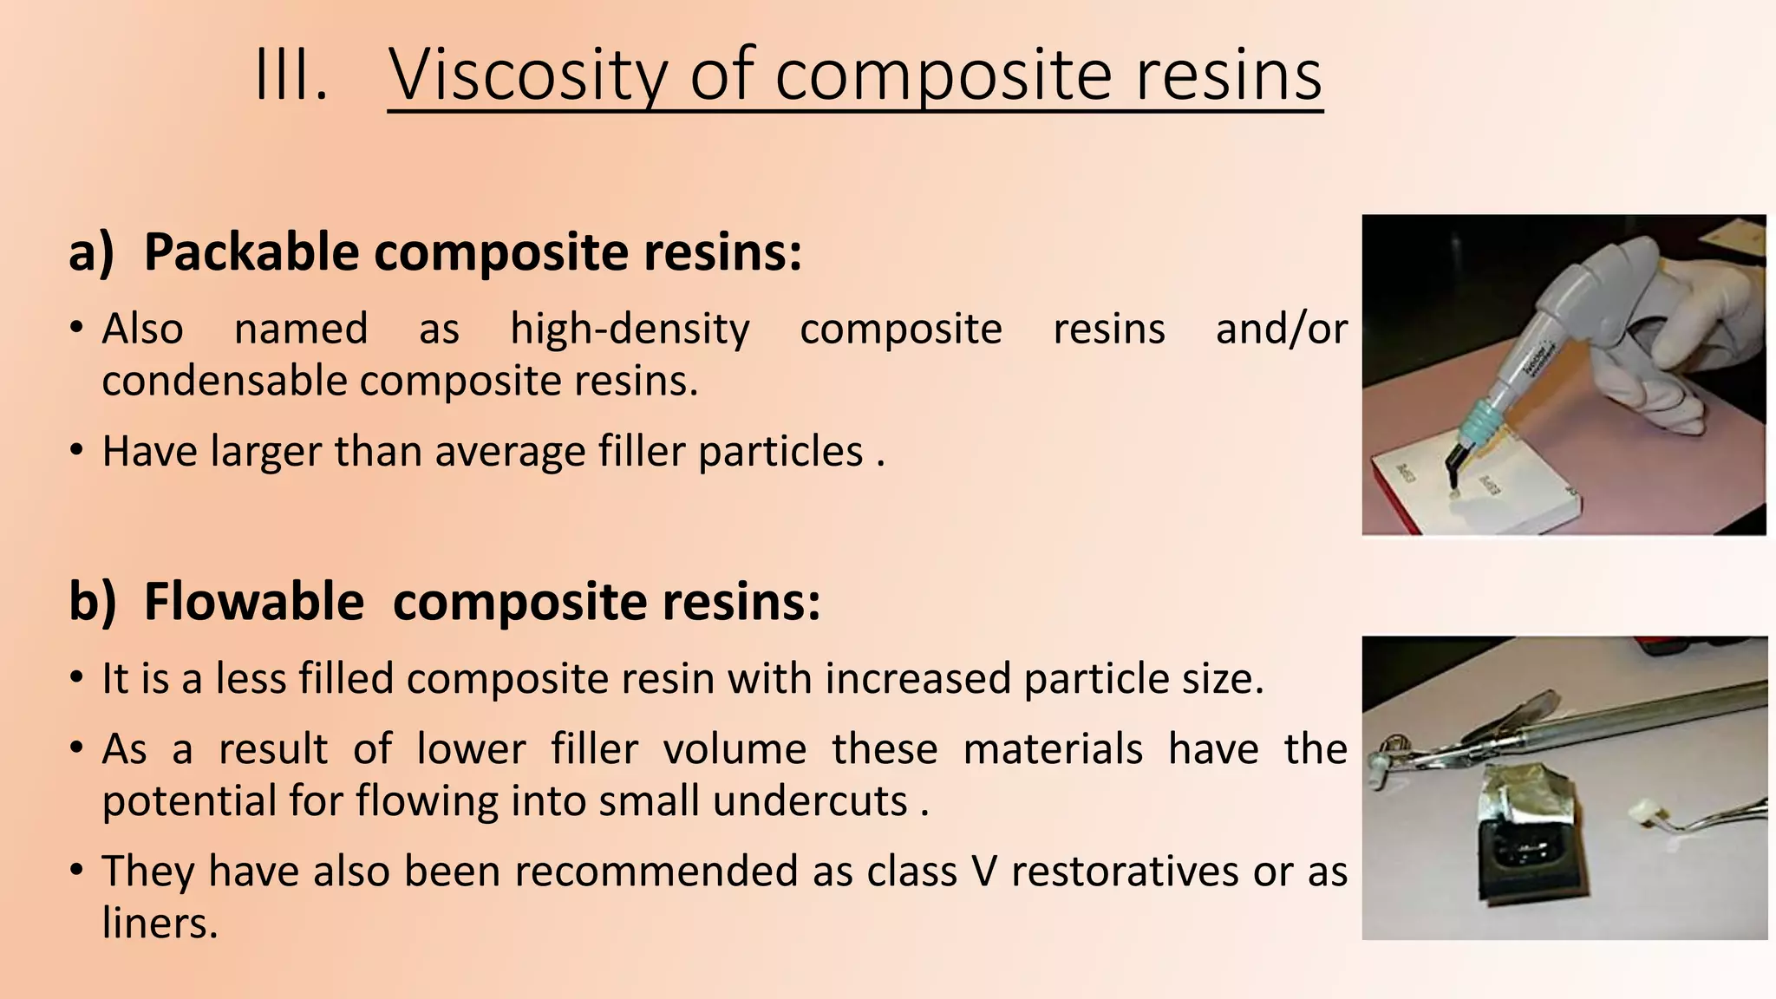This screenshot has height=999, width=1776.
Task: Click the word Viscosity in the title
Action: tap(528, 76)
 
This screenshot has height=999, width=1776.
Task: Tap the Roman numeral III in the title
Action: tap(291, 76)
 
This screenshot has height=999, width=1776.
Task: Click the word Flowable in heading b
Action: tap(253, 602)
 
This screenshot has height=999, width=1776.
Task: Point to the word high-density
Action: tap(630, 330)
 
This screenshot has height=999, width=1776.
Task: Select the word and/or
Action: tap(1281, 330)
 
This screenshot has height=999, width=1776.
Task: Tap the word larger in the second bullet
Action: tap(266, 452)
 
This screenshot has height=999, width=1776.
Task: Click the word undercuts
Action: tap(810, 801)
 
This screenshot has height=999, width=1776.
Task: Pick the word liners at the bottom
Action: tap(160, 923)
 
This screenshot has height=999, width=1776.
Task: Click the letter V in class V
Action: tap(984, 872)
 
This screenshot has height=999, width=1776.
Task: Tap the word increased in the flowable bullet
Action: tap(917, 679)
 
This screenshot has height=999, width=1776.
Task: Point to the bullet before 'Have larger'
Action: tap(77, 452)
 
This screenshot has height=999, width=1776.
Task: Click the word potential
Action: tap(188, 801)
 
